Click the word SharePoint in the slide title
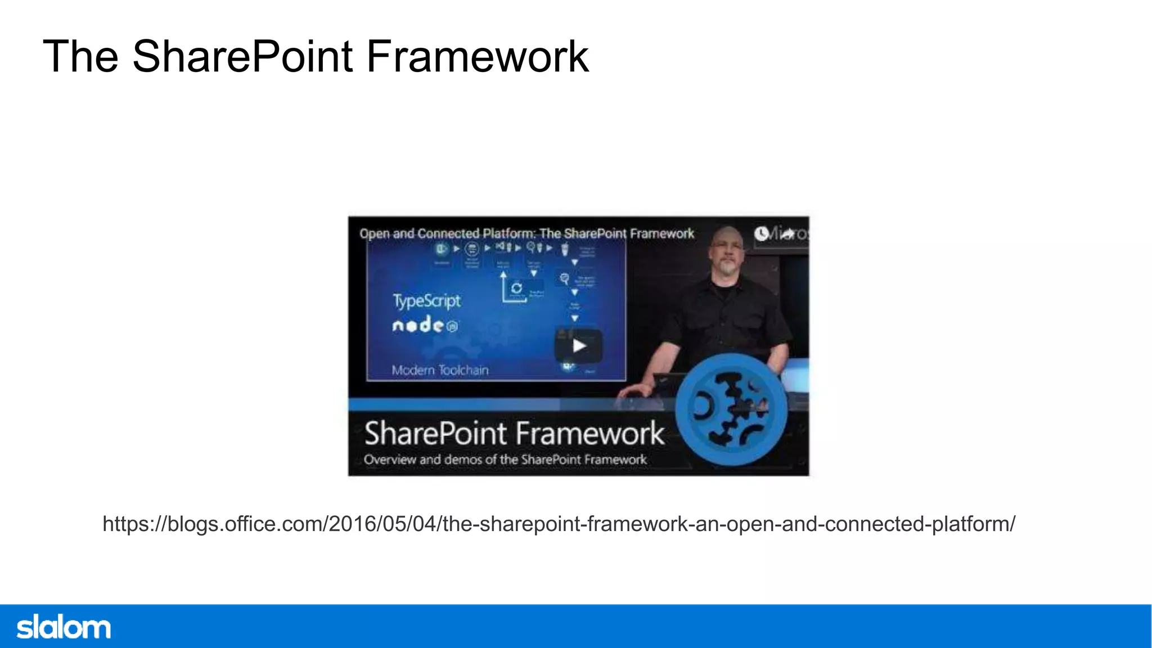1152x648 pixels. click(242, 57)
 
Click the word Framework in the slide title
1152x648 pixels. click(477, 57)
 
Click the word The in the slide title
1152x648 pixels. click(80, 57)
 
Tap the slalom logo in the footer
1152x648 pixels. click(64, 627)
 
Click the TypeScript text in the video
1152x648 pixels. click(426, 301)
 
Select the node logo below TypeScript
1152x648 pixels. click(425, 325)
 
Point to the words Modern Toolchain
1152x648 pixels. click(440, 370)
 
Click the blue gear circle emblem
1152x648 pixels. click(731, 409)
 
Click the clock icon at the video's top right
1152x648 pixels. click(762, 233)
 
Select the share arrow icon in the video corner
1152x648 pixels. click(787, 233)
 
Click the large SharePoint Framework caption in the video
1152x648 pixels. click(514, 433)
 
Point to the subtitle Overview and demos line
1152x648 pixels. click(505, 460)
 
